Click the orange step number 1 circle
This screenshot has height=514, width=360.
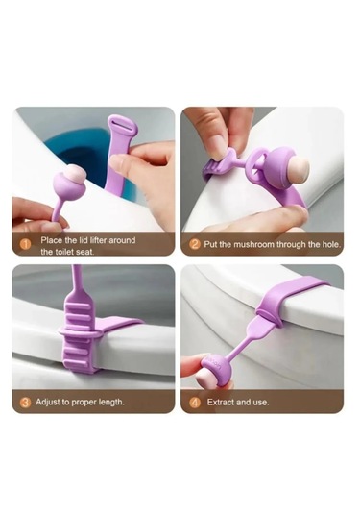pyautogui.click(x=26, y=244)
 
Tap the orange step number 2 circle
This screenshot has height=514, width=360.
pyautogui.click(x=195, y=244)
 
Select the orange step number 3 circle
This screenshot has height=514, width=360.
pyautogui.click(x=26, y=403)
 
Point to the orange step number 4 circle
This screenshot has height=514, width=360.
pyautogui.click(x=195, y=403)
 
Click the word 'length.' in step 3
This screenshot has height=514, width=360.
pyautogui.click(x=111, y=402)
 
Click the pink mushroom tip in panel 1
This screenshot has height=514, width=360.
pyautogui.click(x=76, y=173)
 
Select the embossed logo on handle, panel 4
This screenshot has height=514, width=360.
pyautogui.click(x=215, y=363)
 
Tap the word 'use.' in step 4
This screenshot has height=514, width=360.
pyautogui.click(x=261, y=402)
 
